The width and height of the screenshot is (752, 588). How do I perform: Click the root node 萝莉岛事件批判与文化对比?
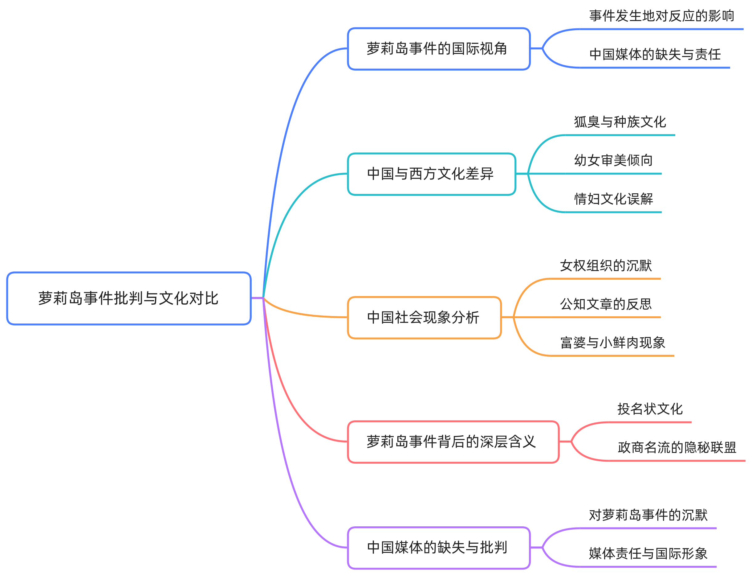[x=128, y=298]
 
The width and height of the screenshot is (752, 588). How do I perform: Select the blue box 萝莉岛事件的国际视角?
[x=438, y=49]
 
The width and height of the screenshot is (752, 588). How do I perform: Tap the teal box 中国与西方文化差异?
[x=431, y=174]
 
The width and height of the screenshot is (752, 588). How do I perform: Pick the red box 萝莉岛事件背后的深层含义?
[x=453, y=442]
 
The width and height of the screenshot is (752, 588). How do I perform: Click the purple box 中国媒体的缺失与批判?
[x=438, y=548]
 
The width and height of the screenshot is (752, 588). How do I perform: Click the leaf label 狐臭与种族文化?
[x=620, y=122]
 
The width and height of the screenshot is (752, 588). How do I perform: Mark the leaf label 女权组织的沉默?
[x=606, y=266]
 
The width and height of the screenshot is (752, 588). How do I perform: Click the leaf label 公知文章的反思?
[x=606, y=304]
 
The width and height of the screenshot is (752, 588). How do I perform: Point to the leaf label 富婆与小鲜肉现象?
[x=612, y=343]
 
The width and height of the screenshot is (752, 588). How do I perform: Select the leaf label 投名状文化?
[x=650, y=409]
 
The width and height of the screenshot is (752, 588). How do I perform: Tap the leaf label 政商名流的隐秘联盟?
[x=677, y=448]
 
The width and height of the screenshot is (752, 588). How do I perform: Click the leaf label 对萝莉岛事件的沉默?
[x=648, y=515]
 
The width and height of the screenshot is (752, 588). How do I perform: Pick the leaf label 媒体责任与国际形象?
[x=648, y=554]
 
